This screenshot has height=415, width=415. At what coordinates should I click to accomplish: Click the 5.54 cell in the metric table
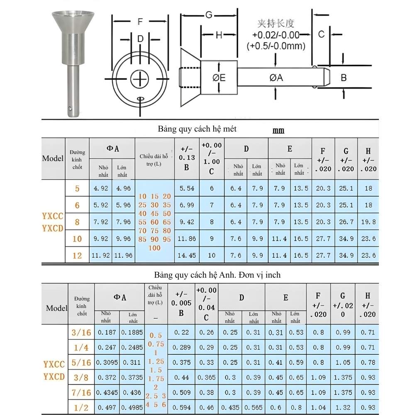tap(187, 188)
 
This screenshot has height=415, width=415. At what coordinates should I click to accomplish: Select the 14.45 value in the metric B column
tap(187, 256)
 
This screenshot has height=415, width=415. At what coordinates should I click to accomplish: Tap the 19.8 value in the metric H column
tap(368, 222)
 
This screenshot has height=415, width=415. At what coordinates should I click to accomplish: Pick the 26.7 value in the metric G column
tap(346, 222)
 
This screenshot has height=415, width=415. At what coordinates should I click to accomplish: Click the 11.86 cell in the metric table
tap(187, 239)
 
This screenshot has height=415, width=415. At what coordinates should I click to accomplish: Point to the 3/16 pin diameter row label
tap(81, 332)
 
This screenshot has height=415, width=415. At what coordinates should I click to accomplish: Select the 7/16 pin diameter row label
tap(81, 393)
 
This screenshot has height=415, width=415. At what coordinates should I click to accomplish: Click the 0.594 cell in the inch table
tap(181, 408)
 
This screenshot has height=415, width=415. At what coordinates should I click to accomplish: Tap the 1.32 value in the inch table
tap(343, 408)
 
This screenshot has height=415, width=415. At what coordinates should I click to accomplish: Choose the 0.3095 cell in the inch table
tap(107, 363)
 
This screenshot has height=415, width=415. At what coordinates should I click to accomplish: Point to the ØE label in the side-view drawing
tap(219, 78)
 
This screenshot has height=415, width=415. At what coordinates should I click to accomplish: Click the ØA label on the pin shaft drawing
tap(276, 78)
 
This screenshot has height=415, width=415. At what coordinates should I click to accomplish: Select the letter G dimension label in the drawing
tap(209, 15)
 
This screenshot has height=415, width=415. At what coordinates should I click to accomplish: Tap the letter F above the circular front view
tap(140, 22)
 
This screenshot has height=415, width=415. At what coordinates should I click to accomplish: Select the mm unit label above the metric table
tap(278, 131)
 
